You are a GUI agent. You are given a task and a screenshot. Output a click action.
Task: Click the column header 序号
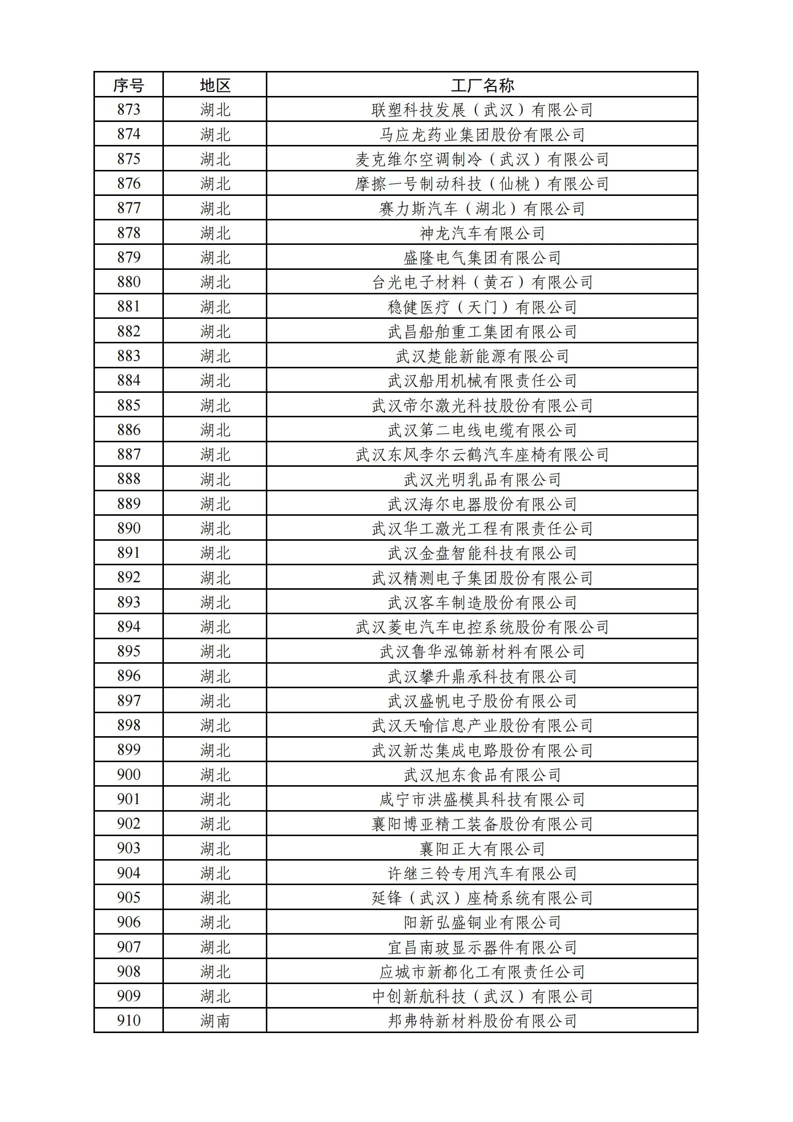(x=128, y=85)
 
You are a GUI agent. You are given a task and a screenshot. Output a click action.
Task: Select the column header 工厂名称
(x=482, y=85)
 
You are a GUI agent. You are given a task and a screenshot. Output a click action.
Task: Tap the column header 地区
(x=215, y=85)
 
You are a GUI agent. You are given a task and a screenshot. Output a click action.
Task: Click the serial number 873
(x=128, y=109)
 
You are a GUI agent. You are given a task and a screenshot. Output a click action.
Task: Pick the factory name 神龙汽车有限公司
(x=482, y=233)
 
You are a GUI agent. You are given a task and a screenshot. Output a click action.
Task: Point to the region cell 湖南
(x=215, y=1021)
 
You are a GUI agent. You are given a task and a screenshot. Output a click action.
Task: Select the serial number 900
(x=128, y=774)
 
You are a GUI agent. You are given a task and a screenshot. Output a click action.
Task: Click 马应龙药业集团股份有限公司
(x=482, y=134)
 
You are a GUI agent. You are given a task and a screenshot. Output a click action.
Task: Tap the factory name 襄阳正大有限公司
(x=482, y=848)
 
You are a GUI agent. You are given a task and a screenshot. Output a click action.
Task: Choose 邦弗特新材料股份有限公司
(x=482, y=1021)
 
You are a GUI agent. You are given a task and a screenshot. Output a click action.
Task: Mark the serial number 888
(x=128, y=479)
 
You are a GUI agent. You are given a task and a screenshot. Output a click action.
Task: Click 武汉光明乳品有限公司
(x=482, y=479)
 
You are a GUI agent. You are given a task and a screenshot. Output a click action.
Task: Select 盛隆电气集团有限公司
(x=482, y=257)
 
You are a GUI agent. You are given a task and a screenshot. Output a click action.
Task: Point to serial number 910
(x=128, y=1021)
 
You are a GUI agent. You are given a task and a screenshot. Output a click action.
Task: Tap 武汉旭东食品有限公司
(x=482, y=775)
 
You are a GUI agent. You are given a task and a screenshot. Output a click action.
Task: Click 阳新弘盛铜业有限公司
(x=482, y=922)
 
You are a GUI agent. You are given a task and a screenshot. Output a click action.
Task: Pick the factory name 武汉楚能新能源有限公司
(x=482, y=356)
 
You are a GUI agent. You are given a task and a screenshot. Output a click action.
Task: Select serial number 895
(x=128, y=651)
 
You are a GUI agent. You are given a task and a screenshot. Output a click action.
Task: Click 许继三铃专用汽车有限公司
(x=482, y=873)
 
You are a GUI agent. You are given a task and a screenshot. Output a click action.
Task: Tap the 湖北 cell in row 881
(x=215, y=307)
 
